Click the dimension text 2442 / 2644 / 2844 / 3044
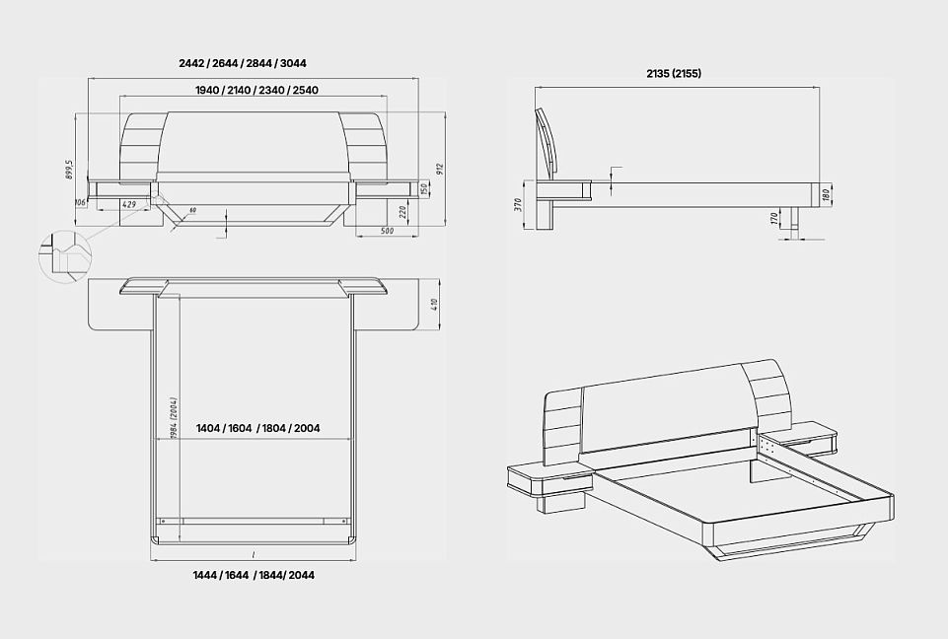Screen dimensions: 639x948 [x=243, y=63]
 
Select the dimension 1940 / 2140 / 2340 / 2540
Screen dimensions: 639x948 [x=256, y=90]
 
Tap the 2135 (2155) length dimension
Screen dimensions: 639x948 [x=674, y=73]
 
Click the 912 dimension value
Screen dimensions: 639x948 [x=442, y=171]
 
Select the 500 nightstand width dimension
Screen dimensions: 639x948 [x=388, y=231]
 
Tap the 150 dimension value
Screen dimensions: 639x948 [x=424, y=188]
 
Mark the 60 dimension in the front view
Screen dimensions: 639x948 [x=193, y=210]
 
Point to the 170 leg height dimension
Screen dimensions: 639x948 [x=773, y=217]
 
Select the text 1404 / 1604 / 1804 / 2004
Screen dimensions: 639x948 [x=257, y=429]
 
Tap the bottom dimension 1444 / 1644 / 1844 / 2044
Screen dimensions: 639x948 [x=255, y=574]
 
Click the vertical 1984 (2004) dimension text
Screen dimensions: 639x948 [x=173, y=418]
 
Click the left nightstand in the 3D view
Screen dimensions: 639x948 [x=547, y=482]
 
